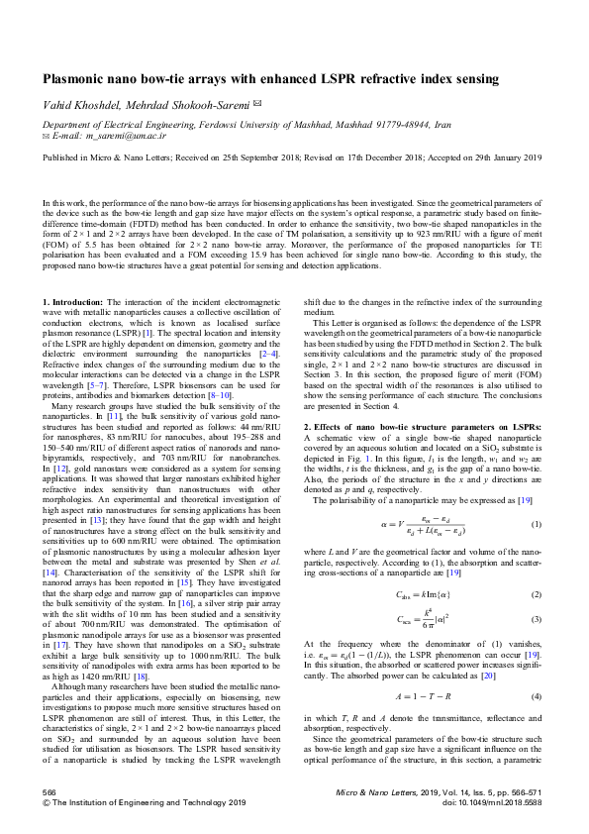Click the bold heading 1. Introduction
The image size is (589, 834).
coord(72,300)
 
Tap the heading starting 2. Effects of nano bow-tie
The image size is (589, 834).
coord(416,425)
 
